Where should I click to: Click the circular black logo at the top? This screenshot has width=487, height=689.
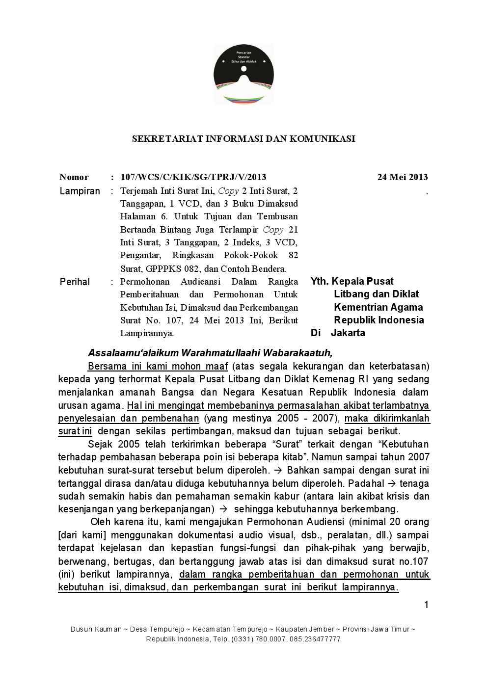pos(243,74)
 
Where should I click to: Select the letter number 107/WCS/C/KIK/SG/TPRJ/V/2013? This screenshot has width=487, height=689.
pos(193,177)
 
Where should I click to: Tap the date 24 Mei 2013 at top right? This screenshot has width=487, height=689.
pos(402,177)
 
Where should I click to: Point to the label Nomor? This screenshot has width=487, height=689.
pos(74,177)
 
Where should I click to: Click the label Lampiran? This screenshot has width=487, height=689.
pos(80,191)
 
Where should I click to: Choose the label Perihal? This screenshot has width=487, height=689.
pos(75,282)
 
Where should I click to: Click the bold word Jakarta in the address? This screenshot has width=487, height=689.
pos(348,333)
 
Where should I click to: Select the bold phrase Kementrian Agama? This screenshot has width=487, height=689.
pos(378,307)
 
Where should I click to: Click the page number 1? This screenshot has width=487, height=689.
pos(426,605)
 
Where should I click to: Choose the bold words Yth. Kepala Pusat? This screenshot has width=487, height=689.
pos(352,281)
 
